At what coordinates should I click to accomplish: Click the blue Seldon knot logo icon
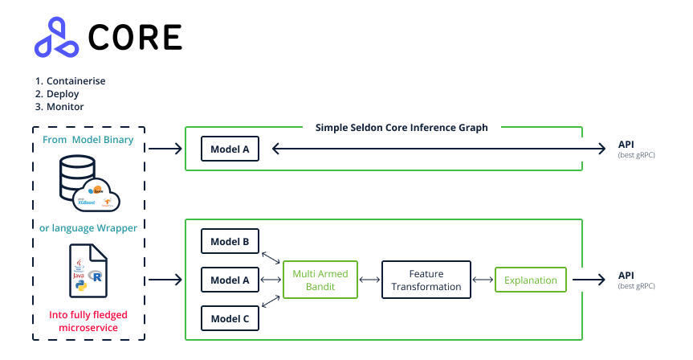(x=56, y=38)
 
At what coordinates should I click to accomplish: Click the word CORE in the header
(x=135, y=37)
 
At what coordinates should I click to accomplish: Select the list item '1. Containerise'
(x=70, y=81)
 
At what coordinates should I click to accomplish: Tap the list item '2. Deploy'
(x=57, y=94)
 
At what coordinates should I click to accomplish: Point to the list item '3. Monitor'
(x=59, y=107)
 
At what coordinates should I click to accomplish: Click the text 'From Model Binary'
(x=88, y=141)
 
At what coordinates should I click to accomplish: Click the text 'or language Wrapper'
(x=88, y=227)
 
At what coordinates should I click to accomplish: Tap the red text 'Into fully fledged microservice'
(x=88, y=321)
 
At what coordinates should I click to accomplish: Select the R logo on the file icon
(x=97, y=276)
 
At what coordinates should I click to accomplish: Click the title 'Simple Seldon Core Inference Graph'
(x=401, y=127)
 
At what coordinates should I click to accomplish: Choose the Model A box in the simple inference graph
(x=230, y=149)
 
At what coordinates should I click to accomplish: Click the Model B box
(x=230, y=241)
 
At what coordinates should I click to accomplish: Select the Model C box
(x=230, y=319)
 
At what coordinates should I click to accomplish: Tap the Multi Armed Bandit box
(x=320, y=280)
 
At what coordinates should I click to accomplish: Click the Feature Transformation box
(x=426, y=280)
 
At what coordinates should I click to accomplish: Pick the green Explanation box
(x=531, y=280)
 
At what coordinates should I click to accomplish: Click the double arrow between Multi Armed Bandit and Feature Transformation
(x=369, y=280)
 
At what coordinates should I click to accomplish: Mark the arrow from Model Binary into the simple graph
(x=165, y=149)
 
